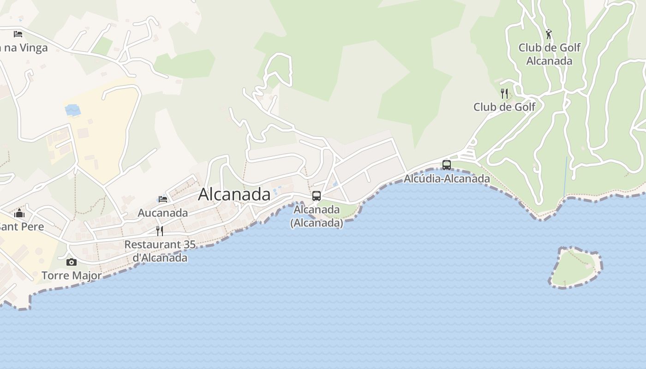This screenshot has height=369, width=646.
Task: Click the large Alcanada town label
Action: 234,194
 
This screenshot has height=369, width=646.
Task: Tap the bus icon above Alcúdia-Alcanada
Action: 446,165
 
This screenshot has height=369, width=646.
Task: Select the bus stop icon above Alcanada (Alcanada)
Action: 316,196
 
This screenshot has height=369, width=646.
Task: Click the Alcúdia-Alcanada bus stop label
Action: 447,179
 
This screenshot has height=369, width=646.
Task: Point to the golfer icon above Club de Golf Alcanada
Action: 549,35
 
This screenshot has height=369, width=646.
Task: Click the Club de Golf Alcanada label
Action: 549,54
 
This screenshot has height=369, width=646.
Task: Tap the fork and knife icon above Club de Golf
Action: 504,94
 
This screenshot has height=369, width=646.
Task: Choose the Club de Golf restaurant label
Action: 504,107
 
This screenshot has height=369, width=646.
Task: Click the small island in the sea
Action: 575,268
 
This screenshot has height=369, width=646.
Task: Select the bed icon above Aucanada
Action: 162,199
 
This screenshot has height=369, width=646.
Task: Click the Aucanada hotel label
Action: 162,213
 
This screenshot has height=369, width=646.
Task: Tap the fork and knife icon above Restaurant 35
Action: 160,231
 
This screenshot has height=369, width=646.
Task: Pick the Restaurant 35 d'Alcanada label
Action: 160,251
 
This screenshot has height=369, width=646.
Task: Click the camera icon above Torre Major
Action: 72,262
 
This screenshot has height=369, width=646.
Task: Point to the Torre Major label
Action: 72,276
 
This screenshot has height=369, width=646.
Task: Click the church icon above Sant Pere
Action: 19,213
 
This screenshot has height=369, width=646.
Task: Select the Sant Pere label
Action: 22,226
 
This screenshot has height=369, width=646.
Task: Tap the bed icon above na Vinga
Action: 18,34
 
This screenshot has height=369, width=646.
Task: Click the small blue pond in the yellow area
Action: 73,110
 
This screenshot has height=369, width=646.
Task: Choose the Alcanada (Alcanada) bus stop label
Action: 317,216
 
